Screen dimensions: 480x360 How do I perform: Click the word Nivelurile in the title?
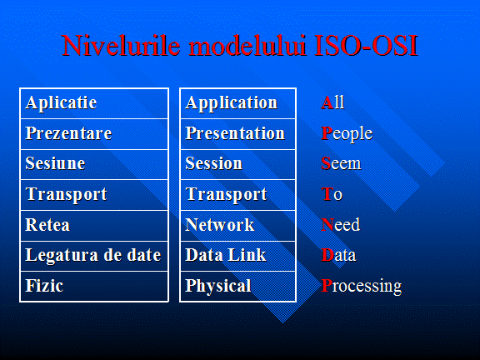(x=121, y=45)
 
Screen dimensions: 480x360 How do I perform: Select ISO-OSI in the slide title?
(x=366, y=45)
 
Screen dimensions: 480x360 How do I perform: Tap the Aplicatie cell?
(x=94, y=103)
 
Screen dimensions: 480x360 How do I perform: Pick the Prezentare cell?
(x=94, y=134)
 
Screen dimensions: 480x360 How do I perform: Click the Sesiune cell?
(x=94, y=164)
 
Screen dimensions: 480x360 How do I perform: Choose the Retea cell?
(x=94, y=226)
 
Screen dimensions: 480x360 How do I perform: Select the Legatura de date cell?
(x=94, y=256)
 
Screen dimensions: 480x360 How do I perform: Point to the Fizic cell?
(x=94, y=286)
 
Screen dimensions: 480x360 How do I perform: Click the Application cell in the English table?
(x=237, y=103)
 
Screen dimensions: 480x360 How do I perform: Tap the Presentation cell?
(x=237, y=134)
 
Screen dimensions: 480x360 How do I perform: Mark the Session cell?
(x=237, y=164)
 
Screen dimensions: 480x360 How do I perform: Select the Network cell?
(x=237, y=226)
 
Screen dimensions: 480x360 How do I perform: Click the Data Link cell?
(x=237, y=256)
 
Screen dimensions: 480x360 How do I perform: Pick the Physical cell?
(x=237, y=286)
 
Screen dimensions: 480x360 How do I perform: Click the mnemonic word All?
(x=332, y=102)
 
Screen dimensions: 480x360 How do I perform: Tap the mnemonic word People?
(x=347, y=134)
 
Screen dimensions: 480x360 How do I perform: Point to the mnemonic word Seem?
(x=341, y=163)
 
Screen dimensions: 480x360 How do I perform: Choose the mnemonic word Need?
(x=341, y=225)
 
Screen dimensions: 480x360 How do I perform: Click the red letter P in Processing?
(x=327, y=285)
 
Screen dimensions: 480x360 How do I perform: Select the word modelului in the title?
(x=247, y=45)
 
